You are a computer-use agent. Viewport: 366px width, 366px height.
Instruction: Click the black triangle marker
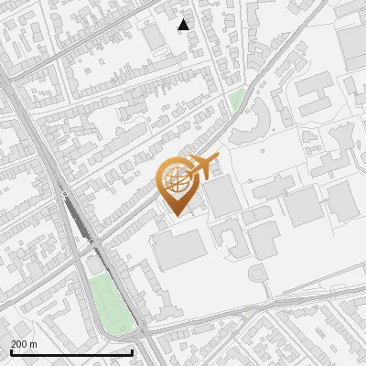[x=184, y=25]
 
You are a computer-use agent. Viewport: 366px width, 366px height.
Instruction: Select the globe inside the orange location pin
[x=175, y=178]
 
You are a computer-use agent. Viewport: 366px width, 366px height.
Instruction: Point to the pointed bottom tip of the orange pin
[x=175, y=216]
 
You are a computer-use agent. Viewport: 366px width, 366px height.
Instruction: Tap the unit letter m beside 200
[x=35, y=344]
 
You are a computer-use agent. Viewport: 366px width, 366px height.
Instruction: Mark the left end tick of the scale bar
[x=11, y=351]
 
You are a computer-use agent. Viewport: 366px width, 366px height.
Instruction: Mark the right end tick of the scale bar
[x=133, y=351]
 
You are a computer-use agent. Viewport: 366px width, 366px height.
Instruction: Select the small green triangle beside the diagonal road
[x=237, y=98]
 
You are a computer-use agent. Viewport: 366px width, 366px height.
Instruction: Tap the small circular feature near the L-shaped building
[x=257, y=274]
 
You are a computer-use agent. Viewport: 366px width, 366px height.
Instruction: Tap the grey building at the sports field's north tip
[x=95, y=266]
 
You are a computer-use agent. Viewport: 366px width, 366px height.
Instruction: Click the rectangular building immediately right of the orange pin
[x=222, y=198]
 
